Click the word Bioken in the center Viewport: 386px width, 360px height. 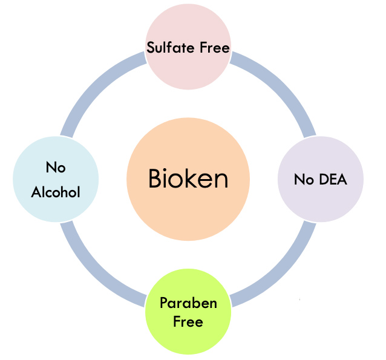pos(188,178)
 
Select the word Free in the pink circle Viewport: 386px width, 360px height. pos(215,48)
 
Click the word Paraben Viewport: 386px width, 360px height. pos(188,303)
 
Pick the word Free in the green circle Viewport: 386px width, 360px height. pos(188,322)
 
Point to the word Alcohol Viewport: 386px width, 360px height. pos(56,192)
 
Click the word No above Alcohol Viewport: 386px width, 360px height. pos(56,167)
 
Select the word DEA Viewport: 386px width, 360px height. pos(333,179)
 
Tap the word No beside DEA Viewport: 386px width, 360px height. pos(304,179)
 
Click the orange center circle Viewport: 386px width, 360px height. pos(188,179)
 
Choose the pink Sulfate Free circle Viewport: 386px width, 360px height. pos(188,47)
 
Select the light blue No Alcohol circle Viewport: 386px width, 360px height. pos(56,179)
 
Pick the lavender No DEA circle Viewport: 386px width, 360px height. pos(321,179)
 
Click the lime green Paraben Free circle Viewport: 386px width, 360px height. pos(188,312)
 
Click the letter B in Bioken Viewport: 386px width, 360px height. pos(155,178)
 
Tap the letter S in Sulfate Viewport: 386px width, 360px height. pos(151,47)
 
